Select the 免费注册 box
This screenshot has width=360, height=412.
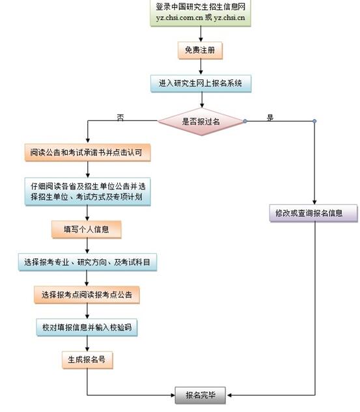click(x=201, y=49)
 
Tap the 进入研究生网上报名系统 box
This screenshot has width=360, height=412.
click(x=201, y=83)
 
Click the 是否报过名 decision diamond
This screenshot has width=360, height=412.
click(x=201, y=121)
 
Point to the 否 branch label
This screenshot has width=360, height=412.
click(x=120, y=118)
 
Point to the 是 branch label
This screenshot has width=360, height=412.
click(x=271, y=118)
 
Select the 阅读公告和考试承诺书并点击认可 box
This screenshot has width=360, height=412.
click(x=87, y=153)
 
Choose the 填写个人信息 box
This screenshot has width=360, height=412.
click(x=87, y=229)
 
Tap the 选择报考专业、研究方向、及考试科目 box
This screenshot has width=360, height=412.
click(x=87, y=262)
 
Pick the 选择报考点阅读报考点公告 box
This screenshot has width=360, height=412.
click(x=87, y=295)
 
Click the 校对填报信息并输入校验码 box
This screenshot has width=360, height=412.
click(x=87, y=327)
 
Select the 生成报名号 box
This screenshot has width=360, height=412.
click(x=87, y=359)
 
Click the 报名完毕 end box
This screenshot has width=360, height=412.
click(x=201, y=394)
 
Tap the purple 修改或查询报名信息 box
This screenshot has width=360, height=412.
click(x=314, y=212)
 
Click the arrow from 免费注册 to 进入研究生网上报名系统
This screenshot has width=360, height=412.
click(x=201, y=66)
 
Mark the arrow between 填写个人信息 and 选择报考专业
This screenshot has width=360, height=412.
click(x=87, y=246)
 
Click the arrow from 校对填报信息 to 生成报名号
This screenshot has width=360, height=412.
click(x=87, y=343)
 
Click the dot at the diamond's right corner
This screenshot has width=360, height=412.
click(x=245, y=121)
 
